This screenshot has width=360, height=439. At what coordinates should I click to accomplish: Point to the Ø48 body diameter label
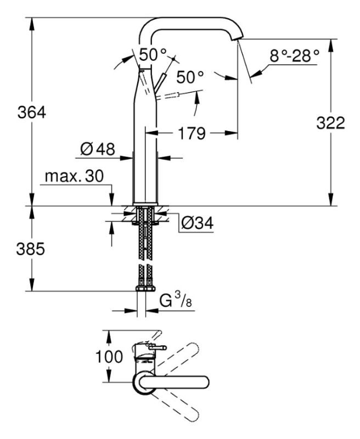[x=97, y=149]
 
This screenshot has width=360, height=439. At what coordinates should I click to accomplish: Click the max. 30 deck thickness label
[x=74, y=177]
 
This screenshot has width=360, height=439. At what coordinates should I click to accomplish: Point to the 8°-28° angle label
[x=294, y=55]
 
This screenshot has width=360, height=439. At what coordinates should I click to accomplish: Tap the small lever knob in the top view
[x=162, y=347]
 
